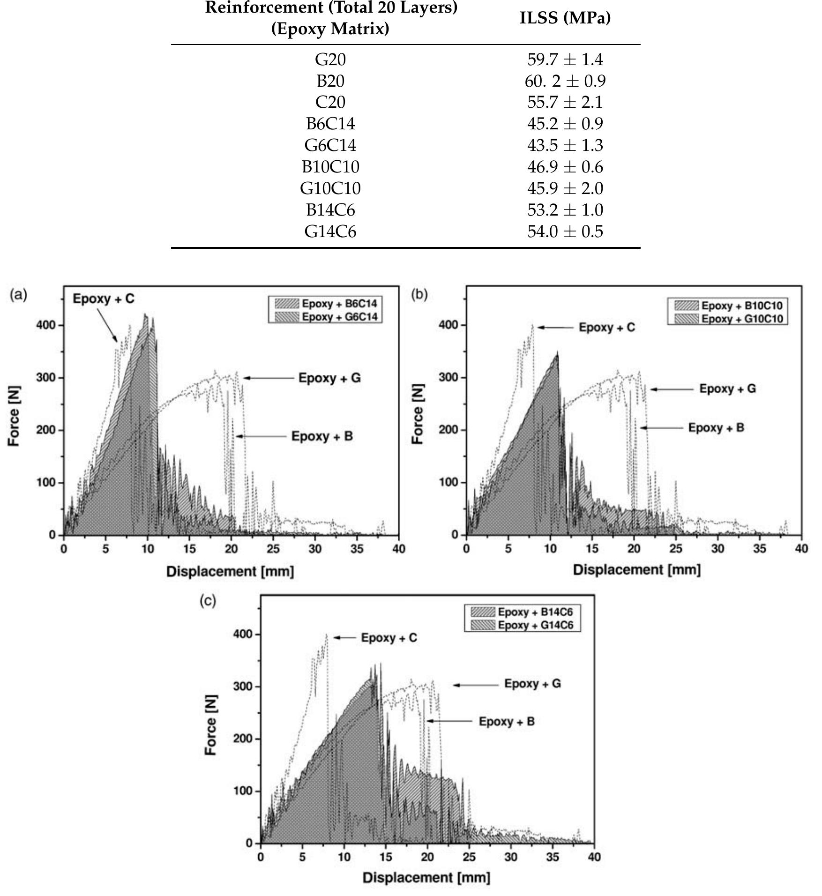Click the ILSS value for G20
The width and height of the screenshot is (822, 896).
click(x=565, y=60)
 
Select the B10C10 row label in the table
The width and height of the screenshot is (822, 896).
click(x=330, y=167)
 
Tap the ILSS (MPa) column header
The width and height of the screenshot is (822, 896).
click(x=565, y=18)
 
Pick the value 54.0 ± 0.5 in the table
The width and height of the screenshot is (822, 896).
click(x=565, y=231)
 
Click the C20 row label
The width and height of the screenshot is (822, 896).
click(x=330, y=102)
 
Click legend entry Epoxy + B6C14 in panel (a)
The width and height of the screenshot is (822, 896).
click(x=339, y=304)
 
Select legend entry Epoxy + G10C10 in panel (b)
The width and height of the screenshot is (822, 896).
click(x=741, y=319)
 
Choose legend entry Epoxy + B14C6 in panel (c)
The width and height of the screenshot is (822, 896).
click(x=535, y=612)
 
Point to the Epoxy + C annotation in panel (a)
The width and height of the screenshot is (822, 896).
click(x=104, y=299)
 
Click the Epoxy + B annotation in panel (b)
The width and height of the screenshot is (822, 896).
click(x=716, y=428)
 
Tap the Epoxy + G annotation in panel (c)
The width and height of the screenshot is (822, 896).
click(x=532, y=684)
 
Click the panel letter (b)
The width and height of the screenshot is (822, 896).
click(x=419, y=294)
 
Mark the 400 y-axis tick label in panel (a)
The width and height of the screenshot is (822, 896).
click(x=46, y=325)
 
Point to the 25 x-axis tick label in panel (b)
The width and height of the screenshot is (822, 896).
click(x=675, y=548)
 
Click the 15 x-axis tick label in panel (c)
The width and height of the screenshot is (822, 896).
click(x=386, y=857)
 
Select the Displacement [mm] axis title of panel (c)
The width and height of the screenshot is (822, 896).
click(x=426, y=877)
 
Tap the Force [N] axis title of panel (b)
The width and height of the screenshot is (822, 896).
click(x=418, y=414)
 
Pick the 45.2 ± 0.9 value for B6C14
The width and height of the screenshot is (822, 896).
click(x=565, y=124)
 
